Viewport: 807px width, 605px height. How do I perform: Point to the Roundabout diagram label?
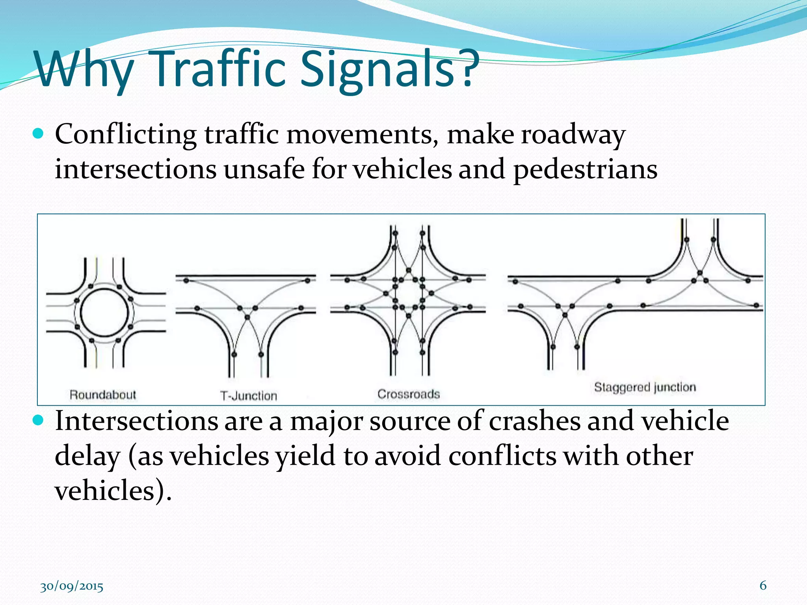click(x=102, y=395)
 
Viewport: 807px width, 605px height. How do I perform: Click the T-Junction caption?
click(x=248, y=396)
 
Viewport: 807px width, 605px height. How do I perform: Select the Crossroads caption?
click(x=408, y=394)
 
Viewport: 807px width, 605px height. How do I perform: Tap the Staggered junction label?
click(x=645, y=387)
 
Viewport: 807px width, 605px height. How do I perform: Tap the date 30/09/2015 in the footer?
click(x=72, y=587)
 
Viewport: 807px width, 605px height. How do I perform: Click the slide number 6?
click(x=763, y=586)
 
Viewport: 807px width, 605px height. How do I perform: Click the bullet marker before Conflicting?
click(x=38, y=134)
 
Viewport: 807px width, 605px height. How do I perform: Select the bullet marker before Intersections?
click(x=38, y=421)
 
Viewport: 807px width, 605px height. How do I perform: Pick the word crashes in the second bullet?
click(x=534, y=421)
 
